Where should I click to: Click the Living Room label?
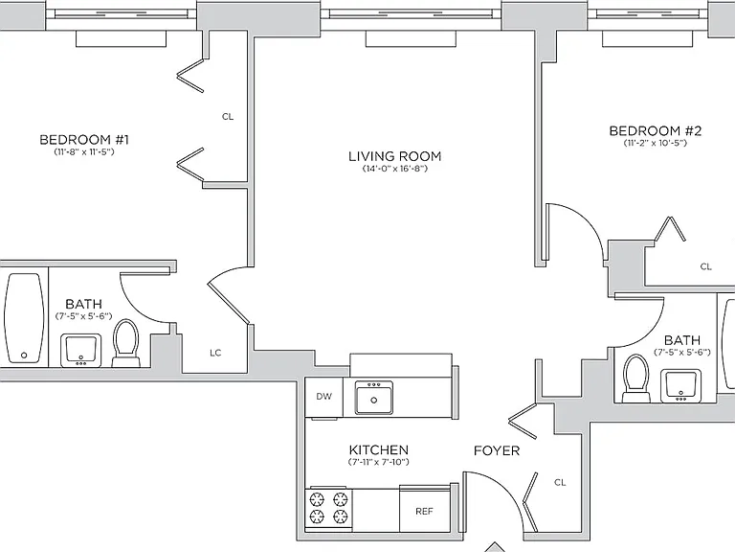point(394,156)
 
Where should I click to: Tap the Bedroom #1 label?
point(84,139)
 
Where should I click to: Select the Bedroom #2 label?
point(655,130)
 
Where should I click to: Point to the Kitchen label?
point(379,449)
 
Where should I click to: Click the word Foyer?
point(497,450)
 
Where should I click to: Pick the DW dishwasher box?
point(323,397)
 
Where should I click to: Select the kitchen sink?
point(373,398)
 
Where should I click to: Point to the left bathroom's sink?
point(81,350)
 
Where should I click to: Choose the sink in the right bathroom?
point(681,385)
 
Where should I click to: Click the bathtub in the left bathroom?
point(24,318)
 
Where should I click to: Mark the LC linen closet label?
point(215,353)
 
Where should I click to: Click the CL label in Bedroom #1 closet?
point(228,116)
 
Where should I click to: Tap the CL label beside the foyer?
point(560,482)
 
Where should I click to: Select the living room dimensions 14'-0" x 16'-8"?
point(394,169)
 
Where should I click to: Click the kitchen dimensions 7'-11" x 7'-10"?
point(378,462)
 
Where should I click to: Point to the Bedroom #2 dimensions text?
point(655,143)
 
